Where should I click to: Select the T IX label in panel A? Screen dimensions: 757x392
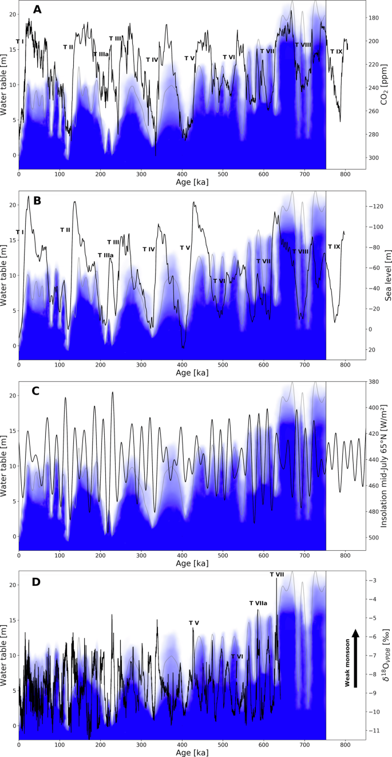tap(336, 52)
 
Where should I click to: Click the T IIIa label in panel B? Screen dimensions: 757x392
tap(105, 255)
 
